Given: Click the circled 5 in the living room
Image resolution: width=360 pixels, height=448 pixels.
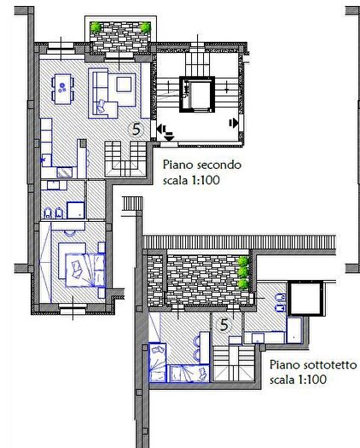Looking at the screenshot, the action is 136,130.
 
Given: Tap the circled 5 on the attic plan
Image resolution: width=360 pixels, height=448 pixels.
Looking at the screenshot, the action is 224,325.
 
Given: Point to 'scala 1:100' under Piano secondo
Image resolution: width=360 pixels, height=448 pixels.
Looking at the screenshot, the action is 191,180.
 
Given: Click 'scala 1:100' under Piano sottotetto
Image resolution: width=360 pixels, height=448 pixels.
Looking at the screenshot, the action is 298,380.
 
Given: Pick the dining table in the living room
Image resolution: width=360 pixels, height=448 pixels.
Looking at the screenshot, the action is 62,89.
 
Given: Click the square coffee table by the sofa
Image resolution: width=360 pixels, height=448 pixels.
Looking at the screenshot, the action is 124,84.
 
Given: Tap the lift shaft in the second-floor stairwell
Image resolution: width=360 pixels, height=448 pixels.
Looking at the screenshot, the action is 197,94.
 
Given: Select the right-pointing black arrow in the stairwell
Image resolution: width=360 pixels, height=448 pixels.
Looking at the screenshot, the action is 234,123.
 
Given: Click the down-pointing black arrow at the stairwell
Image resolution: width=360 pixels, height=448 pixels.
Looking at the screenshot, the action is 169,137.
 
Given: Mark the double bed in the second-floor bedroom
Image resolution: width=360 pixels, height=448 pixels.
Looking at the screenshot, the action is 85,270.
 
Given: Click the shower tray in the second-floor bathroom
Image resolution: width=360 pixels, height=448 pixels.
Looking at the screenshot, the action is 76,210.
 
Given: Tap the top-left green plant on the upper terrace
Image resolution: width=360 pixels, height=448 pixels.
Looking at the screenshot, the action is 96,27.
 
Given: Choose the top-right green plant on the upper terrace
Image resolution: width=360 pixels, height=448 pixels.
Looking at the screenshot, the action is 145,27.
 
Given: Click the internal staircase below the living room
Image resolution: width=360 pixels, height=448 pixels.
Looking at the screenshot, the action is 125,159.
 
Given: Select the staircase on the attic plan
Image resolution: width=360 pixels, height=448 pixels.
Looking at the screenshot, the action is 234,364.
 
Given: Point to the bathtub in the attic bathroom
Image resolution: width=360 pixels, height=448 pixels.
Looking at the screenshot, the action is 294,330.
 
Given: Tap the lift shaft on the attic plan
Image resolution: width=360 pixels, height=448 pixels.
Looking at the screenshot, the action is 305,299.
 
